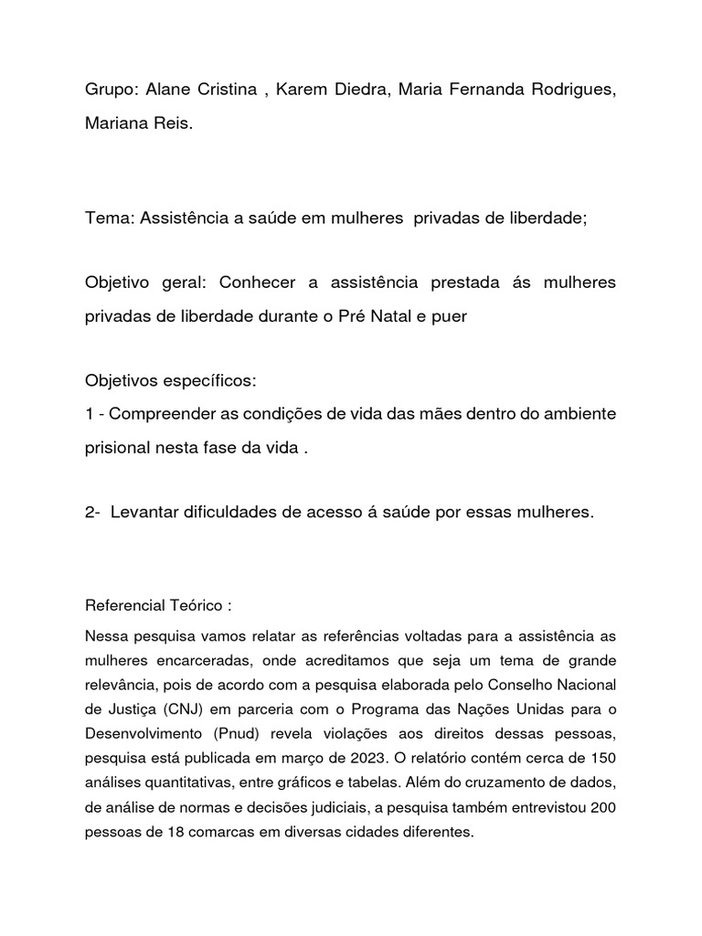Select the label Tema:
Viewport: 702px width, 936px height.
tap(109, 219)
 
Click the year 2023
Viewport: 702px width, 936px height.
tap(349, 756)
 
